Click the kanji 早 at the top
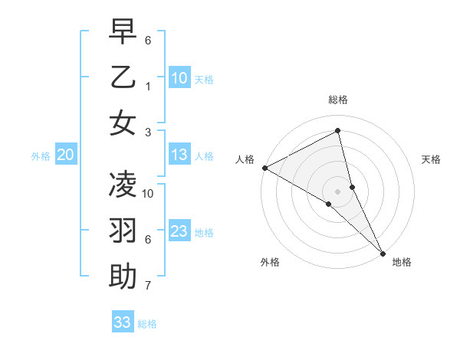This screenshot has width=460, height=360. click(123, 31)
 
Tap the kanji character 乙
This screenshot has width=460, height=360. click(123, 77)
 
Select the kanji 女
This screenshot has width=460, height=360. click(123, 123)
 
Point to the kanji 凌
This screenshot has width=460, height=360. click(123, 185)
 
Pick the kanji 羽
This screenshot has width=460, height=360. click(123, 231)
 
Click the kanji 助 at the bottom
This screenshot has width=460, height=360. click(123, 277)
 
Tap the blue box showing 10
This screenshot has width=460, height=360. click(179, 78)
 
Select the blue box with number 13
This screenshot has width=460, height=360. click(179, 155)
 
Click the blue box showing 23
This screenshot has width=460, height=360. click(179, 232)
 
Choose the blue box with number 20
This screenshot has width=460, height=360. click(66, 155)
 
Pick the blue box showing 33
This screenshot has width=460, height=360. click(123, 322)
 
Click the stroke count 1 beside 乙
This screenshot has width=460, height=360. click(148, 86)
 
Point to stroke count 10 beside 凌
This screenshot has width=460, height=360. click(148, 193)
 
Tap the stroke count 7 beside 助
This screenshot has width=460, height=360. click(148, 286)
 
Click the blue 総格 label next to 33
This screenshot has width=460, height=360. click(147, 324)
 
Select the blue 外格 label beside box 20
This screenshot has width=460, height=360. click(41, 156)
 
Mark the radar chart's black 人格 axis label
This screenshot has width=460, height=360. click(245, 159)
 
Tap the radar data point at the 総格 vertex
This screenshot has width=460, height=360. click(338, 131)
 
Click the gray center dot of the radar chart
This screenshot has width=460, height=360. click(338, 191)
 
